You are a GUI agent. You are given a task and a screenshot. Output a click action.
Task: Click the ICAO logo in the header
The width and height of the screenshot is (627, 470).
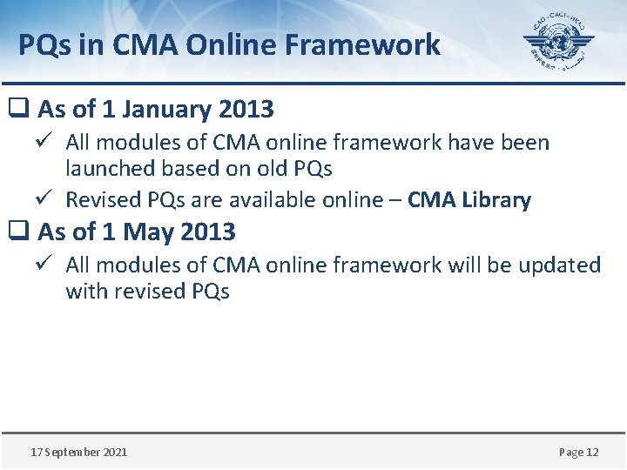point(558,44)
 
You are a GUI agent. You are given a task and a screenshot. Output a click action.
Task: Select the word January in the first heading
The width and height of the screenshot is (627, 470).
point(169,110)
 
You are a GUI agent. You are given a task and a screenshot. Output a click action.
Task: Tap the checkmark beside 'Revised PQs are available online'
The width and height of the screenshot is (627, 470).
point(49,199)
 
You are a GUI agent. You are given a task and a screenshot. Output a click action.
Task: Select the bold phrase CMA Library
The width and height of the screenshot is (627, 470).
point(469,200)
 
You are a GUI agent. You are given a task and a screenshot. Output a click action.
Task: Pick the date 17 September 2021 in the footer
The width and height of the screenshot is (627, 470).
point(78,452)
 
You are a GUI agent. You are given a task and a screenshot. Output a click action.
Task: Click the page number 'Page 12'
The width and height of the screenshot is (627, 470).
point(578,452)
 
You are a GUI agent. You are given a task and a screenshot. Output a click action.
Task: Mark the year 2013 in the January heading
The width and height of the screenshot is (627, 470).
point(246,110)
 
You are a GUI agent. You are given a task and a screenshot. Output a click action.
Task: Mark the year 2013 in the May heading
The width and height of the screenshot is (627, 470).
point(208,232)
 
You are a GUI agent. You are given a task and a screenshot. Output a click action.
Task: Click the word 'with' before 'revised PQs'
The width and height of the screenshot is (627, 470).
point(87,291)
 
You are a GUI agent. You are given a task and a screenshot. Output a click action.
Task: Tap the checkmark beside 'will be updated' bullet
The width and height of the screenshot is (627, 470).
point(49,264)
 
